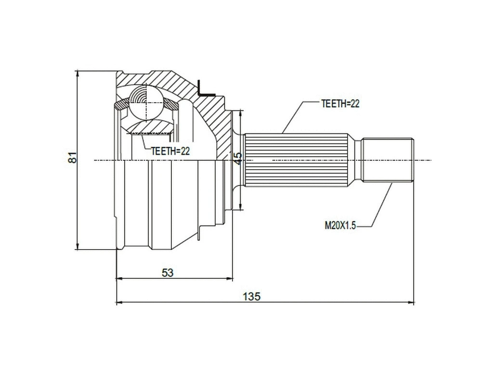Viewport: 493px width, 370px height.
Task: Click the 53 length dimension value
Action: tap(167, 273)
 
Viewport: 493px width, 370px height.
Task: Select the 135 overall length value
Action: tap(252, 296)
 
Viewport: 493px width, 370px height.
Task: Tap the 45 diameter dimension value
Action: tap(237, 159)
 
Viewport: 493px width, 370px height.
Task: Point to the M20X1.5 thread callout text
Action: tap(340, 225)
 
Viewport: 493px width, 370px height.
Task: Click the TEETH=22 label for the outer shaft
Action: tap(341, 103)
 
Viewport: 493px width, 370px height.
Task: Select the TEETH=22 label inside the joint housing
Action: tap(170, 151)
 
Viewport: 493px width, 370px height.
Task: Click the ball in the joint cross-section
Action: tap(145, 102)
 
